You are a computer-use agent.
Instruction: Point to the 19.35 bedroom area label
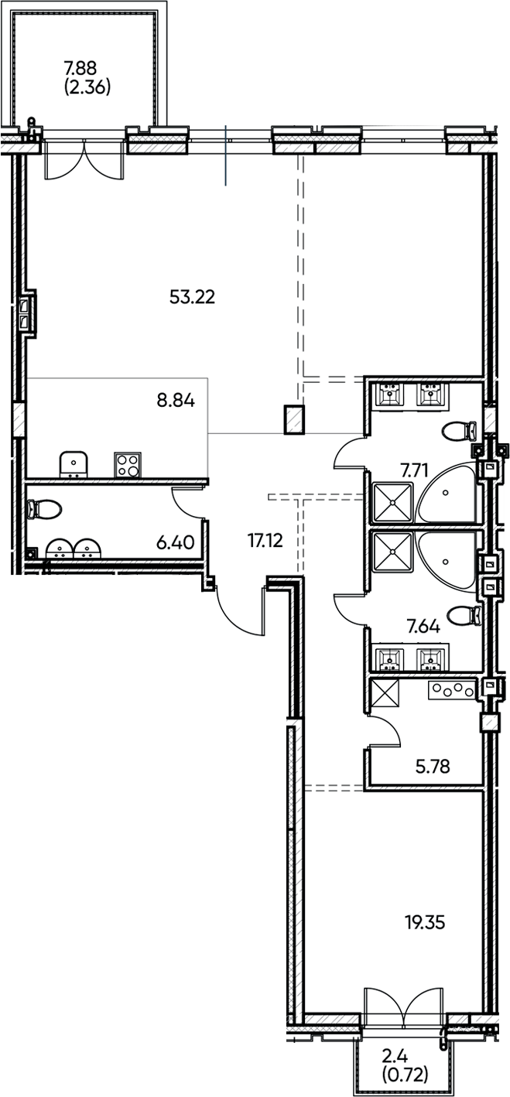pos(425,922)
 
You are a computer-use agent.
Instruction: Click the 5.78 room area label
pos(433,767)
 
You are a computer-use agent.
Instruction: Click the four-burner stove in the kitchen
pos(127,464)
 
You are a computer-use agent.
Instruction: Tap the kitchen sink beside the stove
pos(74,464)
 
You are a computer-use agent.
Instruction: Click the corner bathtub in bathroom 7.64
pos(445,551)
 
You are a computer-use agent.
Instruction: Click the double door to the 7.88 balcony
pos(85,159)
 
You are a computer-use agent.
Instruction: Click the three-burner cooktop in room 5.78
pos(451,689)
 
